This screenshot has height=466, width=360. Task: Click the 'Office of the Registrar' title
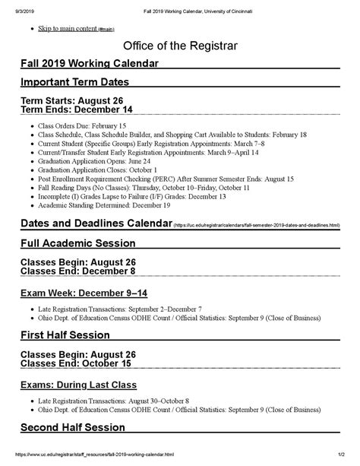click(x=180, y=46)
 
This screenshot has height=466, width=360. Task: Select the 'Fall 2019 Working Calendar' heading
click(x=90, y=64)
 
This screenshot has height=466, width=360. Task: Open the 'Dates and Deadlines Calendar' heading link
click(x=96, y=224)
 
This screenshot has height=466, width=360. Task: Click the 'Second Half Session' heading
click(x=73, y=426)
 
